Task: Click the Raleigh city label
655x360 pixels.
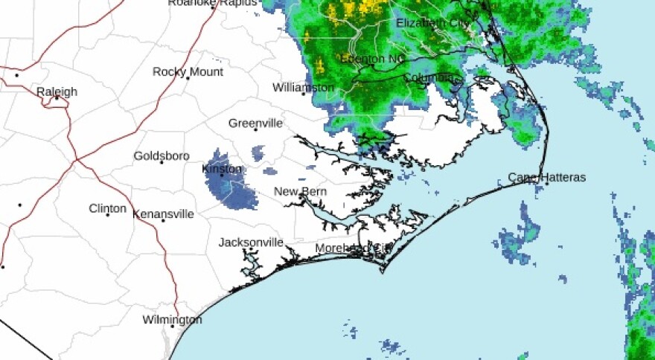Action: (x=57, y=91)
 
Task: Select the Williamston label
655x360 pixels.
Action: (x=303, y=87)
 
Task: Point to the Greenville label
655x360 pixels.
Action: (x=255, y=123)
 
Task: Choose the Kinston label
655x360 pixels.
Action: (x=222, y=169)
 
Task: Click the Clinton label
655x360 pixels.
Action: (x=107, y=208)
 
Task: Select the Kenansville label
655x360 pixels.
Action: (x=163, y=213)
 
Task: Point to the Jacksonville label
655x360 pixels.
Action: (x=251, y=242)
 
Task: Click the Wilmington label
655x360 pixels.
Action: (x=172, y=319)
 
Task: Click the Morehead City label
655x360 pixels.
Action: (x=353, y=248)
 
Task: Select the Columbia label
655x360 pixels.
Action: (x=429, y=77)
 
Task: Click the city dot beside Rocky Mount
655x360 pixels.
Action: (x=188, y=78)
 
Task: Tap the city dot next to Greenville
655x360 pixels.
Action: (x=255, y=129)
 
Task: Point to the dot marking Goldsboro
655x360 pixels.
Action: (x=162, y=162)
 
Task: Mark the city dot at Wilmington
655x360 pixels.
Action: (x=172, y=326)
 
